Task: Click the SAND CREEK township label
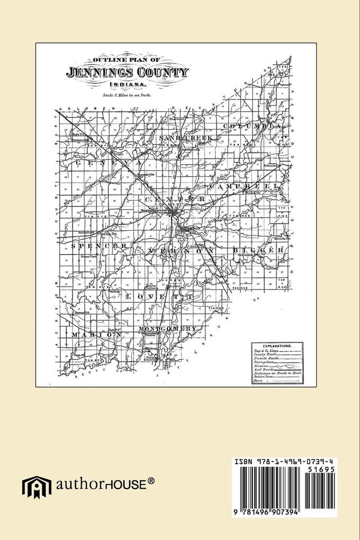185,138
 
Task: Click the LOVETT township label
159,298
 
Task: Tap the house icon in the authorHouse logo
32,487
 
